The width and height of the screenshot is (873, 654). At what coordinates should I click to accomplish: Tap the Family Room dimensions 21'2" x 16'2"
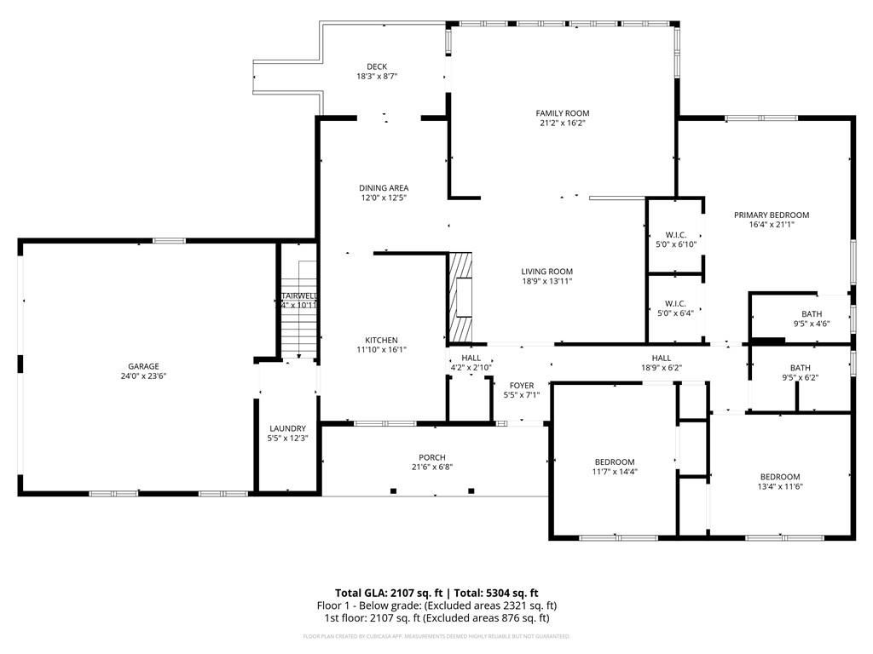562,123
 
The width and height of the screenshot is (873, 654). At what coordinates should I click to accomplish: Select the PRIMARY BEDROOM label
771,215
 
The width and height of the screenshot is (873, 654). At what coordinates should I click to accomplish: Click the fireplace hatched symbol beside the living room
460,296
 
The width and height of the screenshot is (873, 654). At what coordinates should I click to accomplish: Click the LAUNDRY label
287,428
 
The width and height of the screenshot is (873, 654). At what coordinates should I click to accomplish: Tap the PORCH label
431,457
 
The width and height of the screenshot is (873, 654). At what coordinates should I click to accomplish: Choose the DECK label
377,66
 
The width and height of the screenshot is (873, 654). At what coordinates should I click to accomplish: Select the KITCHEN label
381,340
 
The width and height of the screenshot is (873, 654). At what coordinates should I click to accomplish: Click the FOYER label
522,385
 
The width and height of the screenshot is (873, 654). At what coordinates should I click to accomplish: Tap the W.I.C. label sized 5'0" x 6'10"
675,234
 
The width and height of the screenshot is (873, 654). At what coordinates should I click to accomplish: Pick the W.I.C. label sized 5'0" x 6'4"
675,303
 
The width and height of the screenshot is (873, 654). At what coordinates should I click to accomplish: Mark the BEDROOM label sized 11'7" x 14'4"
614,462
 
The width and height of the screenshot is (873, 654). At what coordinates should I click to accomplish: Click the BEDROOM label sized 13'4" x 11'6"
780,476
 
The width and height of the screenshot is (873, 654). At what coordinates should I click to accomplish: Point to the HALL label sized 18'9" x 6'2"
661,358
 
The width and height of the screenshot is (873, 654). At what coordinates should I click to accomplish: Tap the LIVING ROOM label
546,272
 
